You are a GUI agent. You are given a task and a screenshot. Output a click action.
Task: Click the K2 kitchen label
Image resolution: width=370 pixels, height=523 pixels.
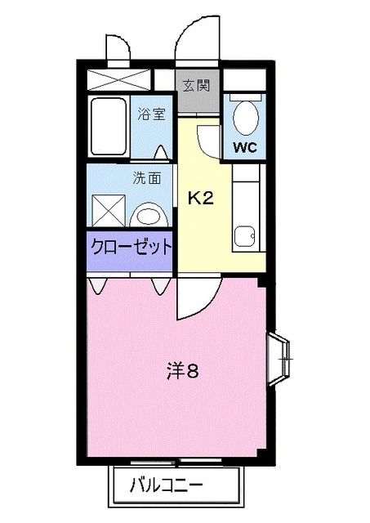click(x=203, y=198)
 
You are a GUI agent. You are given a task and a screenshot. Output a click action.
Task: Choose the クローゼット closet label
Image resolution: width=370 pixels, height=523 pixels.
click(x=131, y=245)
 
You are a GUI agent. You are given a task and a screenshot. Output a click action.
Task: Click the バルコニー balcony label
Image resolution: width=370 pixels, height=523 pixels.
click(x=167, y=487)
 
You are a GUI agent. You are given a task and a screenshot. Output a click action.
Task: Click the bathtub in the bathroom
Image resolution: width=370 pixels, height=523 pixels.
click(x=107, y=127)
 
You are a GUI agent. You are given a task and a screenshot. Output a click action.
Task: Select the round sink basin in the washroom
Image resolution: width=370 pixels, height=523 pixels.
click(x=148, y=216)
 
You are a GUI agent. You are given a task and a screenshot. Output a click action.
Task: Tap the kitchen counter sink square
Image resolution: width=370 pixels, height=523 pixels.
click(x=243, y=238)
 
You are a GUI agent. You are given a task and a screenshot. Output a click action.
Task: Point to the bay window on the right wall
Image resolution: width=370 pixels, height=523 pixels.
click(x=279, y=357)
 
